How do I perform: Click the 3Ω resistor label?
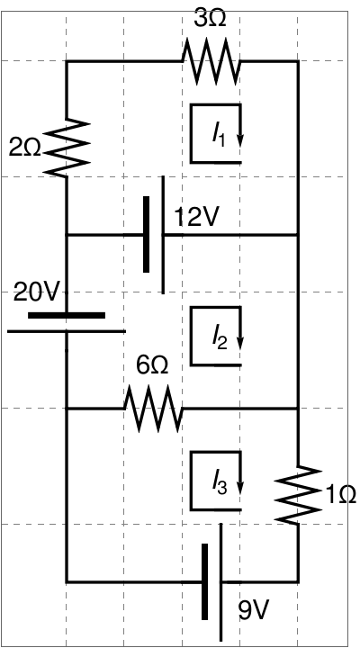[210, 19]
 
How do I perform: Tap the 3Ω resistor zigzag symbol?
[211, 61]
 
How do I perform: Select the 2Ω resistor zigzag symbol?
[66, 148]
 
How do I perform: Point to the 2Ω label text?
[25, 148]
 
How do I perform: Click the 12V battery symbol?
[155, 235]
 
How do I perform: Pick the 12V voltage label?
[195, 218]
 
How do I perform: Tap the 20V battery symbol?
[66, 323]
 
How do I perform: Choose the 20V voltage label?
[37, 293]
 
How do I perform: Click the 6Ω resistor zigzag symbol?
[153, 409]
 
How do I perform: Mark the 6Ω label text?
[152, 366]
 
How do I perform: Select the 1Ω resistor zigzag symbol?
[298, 496]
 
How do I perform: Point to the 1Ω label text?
[340, 495]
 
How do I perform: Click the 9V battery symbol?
[213, 582]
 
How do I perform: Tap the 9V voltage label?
[254, 611]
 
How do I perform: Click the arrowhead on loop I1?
[239, 139]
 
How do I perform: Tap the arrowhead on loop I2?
[239, 343]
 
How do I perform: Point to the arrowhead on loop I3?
[239, 487]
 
